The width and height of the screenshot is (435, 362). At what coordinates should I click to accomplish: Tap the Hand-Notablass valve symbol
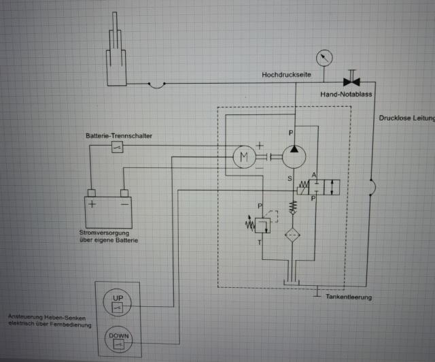click(352, 82)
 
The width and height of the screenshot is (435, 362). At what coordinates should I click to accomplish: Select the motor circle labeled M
click(243, 157)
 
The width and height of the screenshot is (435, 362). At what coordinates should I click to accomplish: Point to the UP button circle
click(116, 301)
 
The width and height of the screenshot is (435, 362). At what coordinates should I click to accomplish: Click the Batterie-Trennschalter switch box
click(117, 148)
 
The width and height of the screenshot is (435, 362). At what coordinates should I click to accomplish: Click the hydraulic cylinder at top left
click(116, 58)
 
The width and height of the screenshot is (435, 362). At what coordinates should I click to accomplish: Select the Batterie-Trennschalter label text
click(118, 136)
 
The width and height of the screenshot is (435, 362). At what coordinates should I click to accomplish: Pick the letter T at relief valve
click(259, 242)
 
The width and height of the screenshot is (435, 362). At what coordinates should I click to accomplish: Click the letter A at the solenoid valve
click(313, 176)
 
